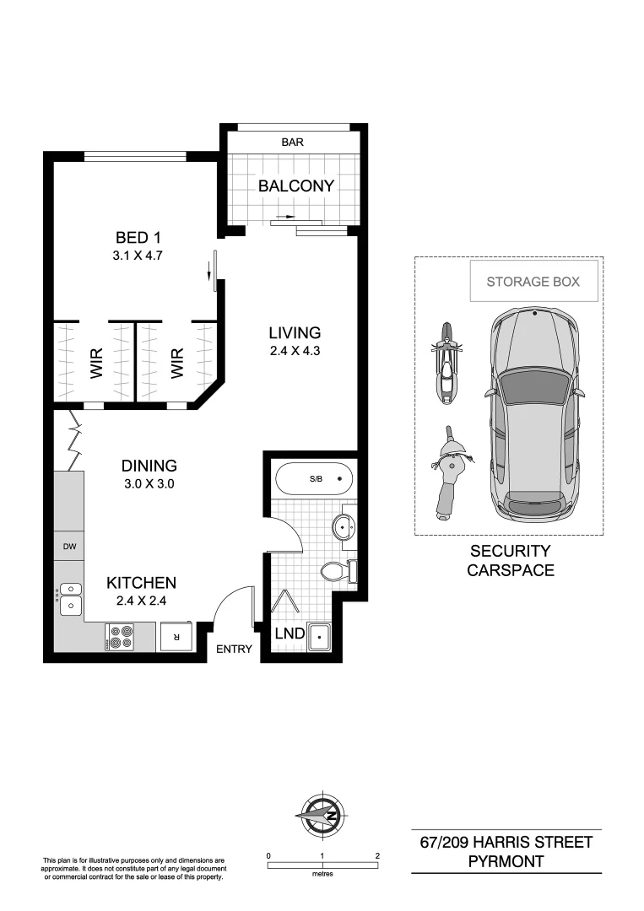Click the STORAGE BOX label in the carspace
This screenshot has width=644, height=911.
533,282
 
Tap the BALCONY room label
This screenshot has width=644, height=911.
296,186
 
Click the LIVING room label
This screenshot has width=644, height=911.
295,332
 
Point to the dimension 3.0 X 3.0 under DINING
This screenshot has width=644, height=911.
149,484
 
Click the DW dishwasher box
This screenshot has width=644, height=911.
69,547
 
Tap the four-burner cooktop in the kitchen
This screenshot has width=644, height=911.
121,636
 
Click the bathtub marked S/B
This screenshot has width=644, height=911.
312,479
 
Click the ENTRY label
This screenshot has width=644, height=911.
234,649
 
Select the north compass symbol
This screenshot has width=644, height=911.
322,815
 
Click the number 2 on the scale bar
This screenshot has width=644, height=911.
376,855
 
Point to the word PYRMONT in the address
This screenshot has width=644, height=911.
506,861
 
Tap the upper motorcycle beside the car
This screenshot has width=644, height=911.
447,363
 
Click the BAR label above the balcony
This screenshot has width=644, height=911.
292,143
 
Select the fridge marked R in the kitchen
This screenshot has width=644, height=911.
176,637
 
